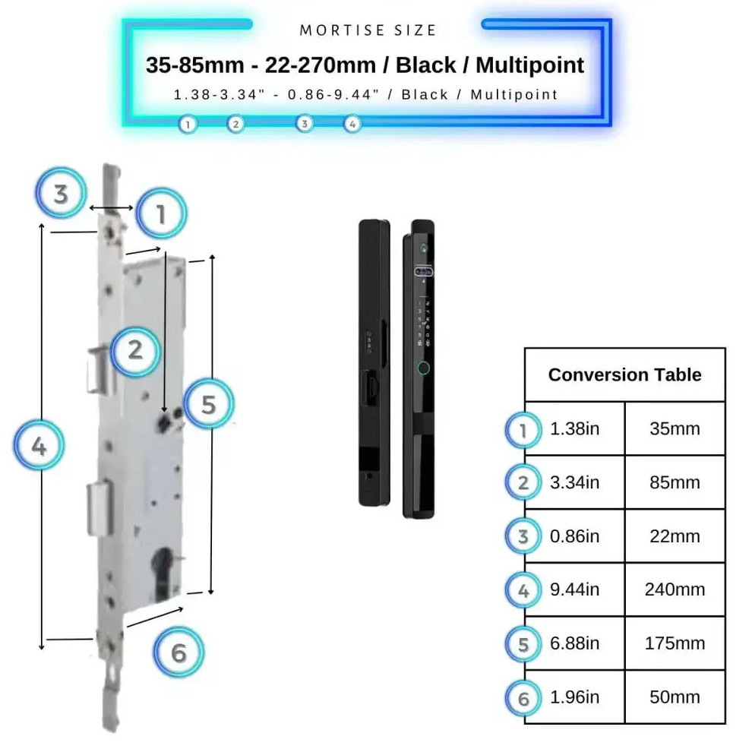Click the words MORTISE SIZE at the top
368,30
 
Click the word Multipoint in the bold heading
529,65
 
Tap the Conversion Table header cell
624,374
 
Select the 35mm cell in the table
675,428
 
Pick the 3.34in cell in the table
574,482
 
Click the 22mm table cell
675,536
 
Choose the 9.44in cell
574,589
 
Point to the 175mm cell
675,643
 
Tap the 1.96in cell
574,697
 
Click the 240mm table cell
675,589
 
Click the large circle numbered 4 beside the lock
39,446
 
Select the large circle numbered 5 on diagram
209,403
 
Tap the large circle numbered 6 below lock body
179,652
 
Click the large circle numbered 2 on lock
135,350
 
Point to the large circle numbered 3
61,193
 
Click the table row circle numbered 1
523,431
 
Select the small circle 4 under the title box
352,124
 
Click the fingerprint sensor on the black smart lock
423,369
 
